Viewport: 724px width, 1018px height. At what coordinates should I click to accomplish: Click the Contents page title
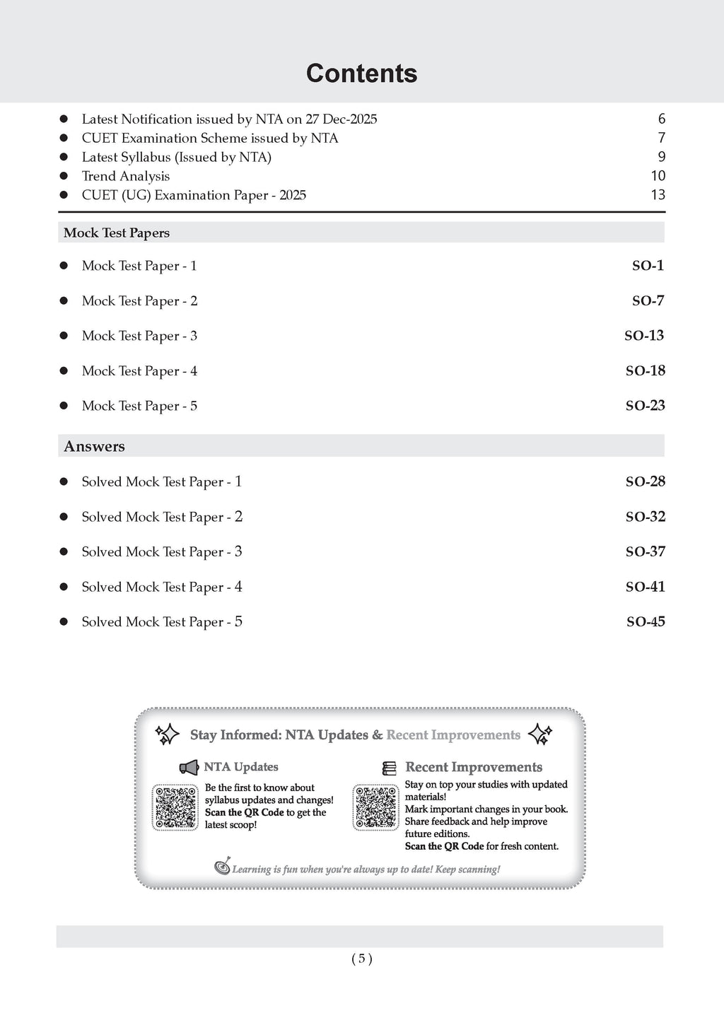click(x=361, y=74)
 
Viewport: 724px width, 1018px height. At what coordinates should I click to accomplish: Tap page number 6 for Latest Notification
click(x=661, y=119)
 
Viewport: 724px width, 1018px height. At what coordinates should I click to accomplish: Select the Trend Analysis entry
click(x=126, y=176)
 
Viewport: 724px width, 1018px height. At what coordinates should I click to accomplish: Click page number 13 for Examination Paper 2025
click(x=658, y=195)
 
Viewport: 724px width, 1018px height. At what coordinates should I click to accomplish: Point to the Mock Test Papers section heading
click(x=117, y=233)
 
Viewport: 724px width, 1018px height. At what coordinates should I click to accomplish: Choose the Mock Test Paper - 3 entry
click(x=139, y=336)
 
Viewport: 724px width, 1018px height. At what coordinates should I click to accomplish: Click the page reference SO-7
click(x=648, y=301)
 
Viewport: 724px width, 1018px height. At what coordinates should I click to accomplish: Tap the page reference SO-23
click(x=645, y=406)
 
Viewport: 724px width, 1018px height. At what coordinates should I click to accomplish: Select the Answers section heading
click(x=94, y=446)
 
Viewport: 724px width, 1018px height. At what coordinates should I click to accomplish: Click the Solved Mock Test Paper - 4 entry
click(x=162, y=587)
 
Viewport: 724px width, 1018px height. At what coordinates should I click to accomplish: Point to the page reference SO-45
click(x=646, y=622)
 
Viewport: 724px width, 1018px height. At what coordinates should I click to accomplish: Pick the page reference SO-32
click(x=645, y=517)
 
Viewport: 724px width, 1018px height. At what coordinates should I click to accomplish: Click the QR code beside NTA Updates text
click(x=175, y=807)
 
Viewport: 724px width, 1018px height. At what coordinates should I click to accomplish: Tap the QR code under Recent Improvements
click(x=376, y=807)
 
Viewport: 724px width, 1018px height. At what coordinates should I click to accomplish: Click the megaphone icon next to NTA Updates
click(x=189, y=767)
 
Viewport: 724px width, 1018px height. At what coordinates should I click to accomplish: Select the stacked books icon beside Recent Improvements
click(x=389, y=768)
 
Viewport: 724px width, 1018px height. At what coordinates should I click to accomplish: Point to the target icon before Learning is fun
click(x=223, y=867)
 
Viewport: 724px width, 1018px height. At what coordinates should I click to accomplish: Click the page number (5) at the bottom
click(x=361, y=959)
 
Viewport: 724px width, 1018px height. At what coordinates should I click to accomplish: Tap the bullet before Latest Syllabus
click(x=64, y=157)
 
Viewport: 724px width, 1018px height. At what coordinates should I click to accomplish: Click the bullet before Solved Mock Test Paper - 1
click(x=64, y=481)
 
